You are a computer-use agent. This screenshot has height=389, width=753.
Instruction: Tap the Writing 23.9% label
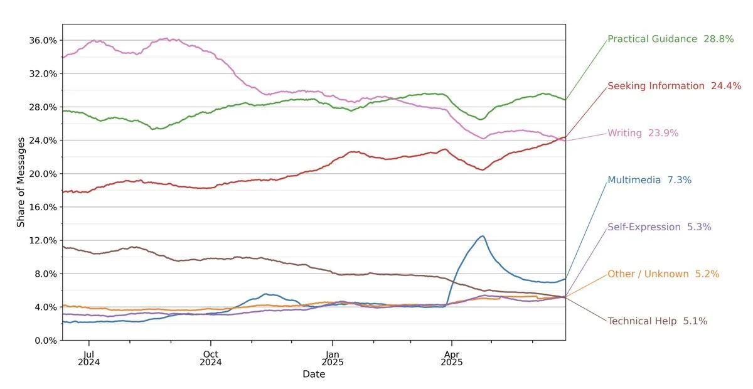click(x=643, y=133)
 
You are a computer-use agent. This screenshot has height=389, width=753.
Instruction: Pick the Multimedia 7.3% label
click(x=649, y=180)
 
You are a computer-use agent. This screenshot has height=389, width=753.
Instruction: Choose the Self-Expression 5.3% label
click(x=659, y=227)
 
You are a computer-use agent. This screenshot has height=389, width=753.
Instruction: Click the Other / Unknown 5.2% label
click(x=663, y=274)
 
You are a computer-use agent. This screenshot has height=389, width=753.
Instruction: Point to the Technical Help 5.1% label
click(x=657, y=321)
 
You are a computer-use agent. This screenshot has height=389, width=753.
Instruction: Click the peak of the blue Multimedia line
click(x=483, y=236)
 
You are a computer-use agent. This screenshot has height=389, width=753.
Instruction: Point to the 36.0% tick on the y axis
click(x=43, y=40)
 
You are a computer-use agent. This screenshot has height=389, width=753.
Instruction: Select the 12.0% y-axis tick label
click(x=43, y=240)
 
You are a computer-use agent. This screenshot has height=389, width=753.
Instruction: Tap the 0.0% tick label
click(x=45, y=341)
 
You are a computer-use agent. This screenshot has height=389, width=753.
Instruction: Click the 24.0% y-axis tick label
click(x=43, y=141)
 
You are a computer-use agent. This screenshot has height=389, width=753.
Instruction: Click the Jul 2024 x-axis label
click(x=89, y=357)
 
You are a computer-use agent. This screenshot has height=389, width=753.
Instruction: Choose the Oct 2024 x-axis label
click(x=211, y=357)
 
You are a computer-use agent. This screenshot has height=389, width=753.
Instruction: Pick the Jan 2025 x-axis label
click(x=332, y=357)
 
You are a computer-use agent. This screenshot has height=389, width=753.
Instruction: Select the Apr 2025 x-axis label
click(x=451, y=357)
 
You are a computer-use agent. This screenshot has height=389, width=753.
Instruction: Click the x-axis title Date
click(x=314, y=375)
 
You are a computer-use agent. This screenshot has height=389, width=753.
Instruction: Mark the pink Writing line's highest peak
click(x=164, y=39)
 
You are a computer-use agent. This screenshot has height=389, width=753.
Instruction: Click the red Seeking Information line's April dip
click(x=481, y=169)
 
